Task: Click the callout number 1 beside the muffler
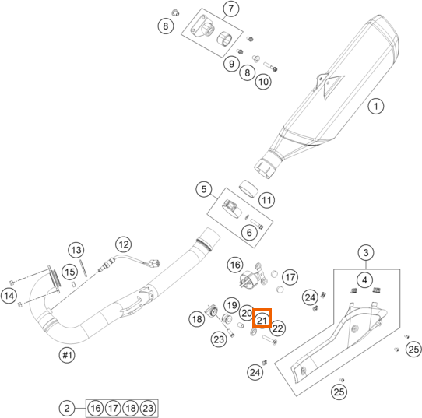[x=376, y=106]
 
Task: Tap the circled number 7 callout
[x=231, y=9]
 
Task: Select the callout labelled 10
[x=263, y=81]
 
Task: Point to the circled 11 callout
[x=266, y=200]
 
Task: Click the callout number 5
[x=204, y=189]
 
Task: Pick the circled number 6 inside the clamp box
[x=249, y=233]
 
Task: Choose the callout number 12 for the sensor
[x=124, y=244]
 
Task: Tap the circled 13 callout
[x=76, y=250]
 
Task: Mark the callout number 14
[x=9, y=296]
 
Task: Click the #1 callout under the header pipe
[x=67, y=355]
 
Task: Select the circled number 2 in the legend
[x=67, y=409]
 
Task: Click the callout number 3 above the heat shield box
[x=366, y=252]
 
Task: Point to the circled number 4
[x=364, y=280]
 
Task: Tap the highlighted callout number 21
[x=262, y=320]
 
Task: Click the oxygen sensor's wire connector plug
[x=155, y=263]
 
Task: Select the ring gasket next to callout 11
[x=248, y=189]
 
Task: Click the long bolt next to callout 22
[x=269, y=340]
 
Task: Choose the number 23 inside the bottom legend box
[x=148, y=409]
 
